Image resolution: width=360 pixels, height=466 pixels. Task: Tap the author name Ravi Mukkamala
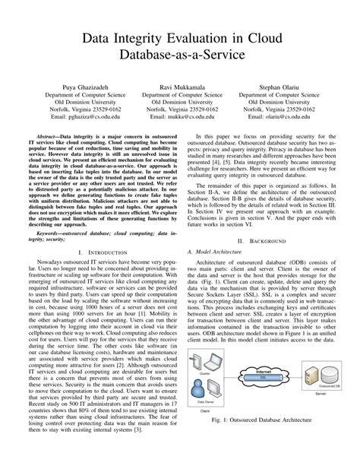pyautogui.click(x=180, y=87)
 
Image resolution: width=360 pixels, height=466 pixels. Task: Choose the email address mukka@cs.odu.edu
pyautogui.click(x=180, y=118)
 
